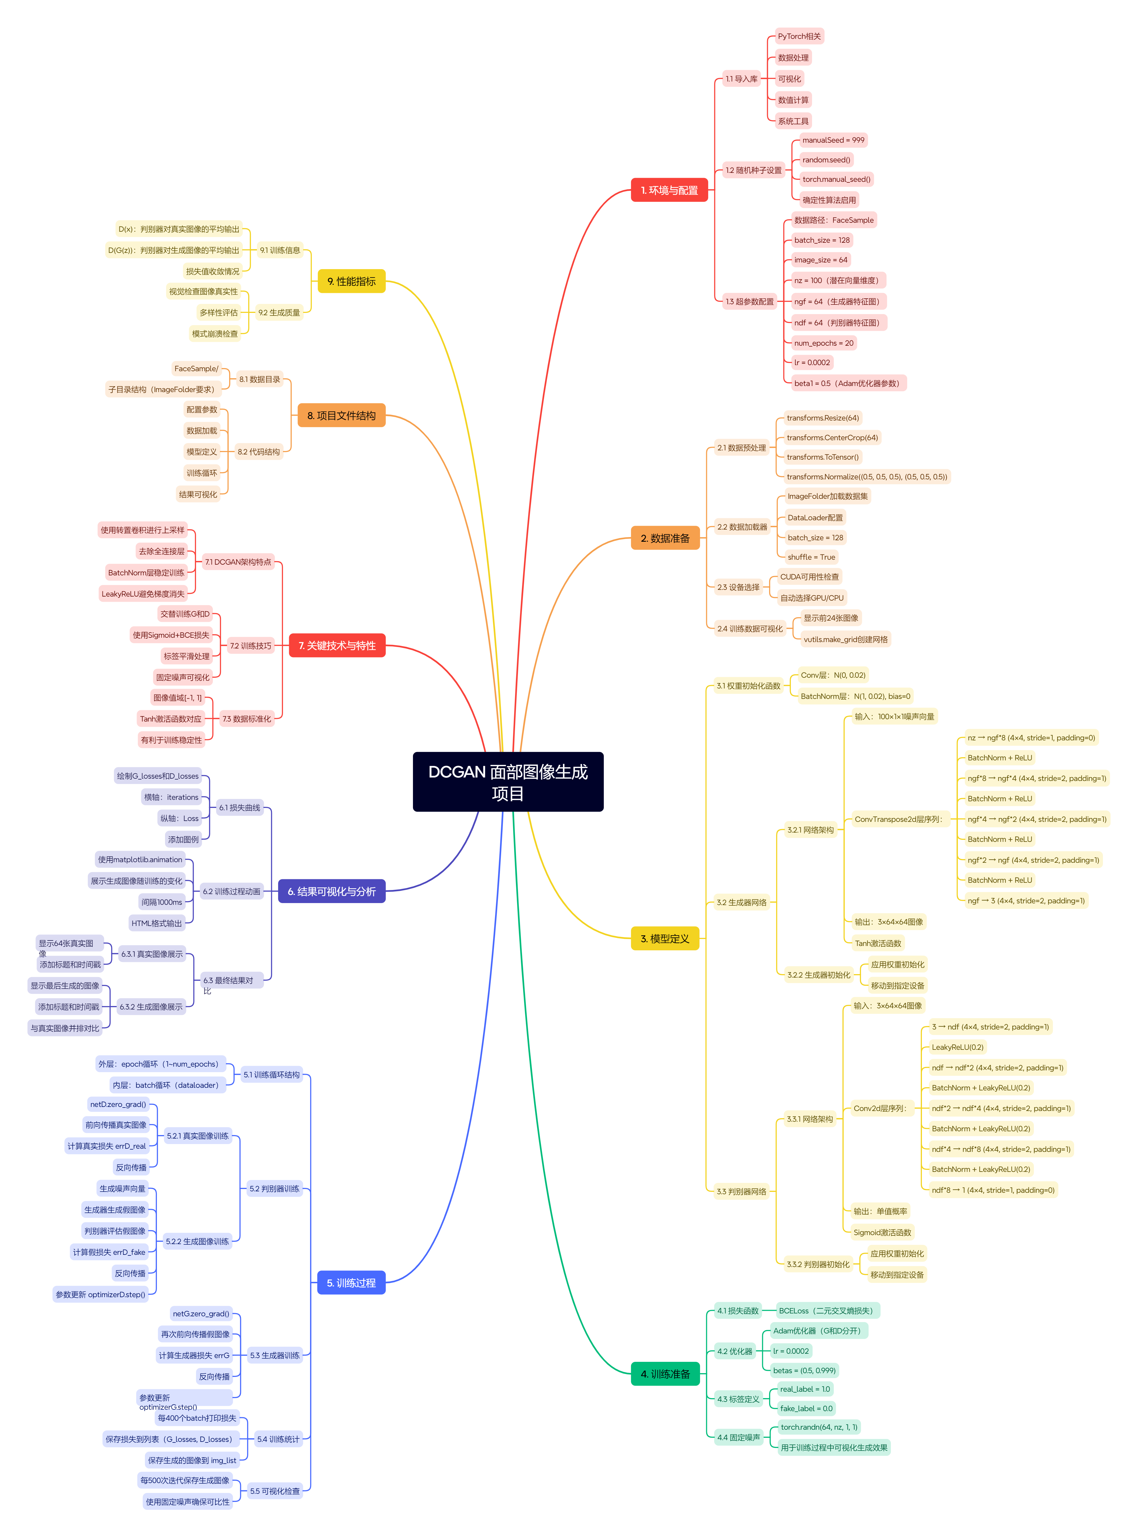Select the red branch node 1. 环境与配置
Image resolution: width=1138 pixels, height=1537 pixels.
(669, 190)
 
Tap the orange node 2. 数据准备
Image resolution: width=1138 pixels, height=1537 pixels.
(665, 538)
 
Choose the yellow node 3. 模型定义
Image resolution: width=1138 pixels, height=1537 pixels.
(665, 938)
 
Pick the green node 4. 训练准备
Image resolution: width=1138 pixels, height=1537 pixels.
(665, 1374)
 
